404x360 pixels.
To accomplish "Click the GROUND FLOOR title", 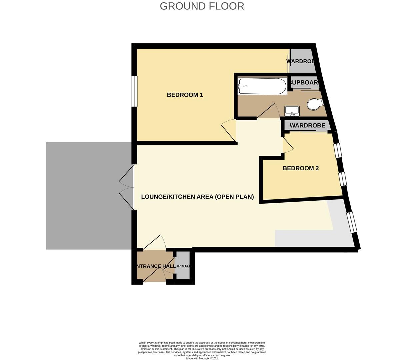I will [202, 6].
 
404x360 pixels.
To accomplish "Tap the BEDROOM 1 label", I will [185, 95].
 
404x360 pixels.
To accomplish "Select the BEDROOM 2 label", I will [300, 168].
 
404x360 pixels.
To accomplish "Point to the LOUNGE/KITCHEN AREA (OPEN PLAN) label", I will [197, 197].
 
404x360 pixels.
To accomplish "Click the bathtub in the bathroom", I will [262, 86].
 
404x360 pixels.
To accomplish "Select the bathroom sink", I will [292, 111].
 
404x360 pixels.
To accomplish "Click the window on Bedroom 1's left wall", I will [134, 91].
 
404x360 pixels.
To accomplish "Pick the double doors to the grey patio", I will [127, 189].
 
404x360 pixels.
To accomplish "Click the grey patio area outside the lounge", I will [88, 196].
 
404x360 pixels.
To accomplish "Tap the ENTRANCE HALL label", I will [155, 266].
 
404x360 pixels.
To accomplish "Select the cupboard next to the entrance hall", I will [183, 266].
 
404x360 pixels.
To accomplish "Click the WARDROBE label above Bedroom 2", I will [307, 126].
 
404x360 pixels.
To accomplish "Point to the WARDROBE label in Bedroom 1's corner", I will [301, 61].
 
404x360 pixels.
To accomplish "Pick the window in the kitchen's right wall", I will [352, 222].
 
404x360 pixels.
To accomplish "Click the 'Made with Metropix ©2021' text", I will [202, 358].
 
